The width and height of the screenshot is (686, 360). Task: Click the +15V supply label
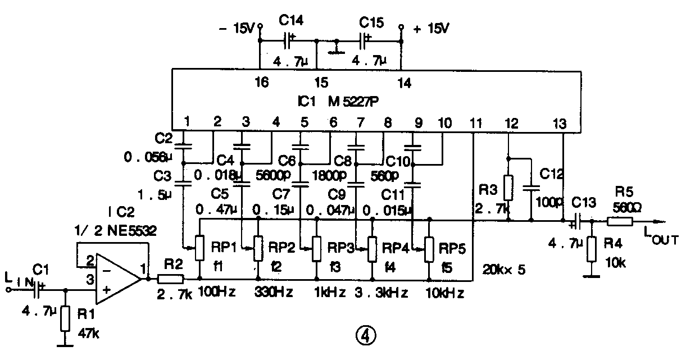431,28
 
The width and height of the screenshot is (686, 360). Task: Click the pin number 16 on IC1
261,83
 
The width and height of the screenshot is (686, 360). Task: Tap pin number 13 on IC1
560,123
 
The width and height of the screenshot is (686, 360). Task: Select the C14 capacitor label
291,20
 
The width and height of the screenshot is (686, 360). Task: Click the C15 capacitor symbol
365,40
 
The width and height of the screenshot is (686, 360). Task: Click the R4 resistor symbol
590,249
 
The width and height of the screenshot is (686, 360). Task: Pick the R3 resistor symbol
508,188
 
